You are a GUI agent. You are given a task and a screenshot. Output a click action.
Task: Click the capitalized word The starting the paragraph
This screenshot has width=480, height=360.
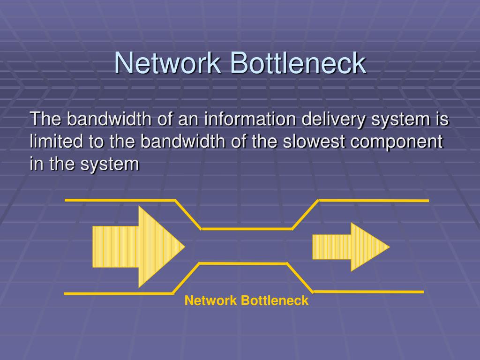(45, 119)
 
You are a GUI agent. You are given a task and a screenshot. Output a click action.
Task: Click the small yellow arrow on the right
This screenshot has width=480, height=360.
(349, 247)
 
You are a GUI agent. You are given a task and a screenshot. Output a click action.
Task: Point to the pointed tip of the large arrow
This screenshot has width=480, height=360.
(184, 247)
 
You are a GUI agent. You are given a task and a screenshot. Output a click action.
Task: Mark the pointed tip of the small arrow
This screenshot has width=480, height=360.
(389, 247)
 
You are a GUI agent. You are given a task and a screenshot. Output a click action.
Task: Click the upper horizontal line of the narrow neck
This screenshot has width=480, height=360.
(247, 229)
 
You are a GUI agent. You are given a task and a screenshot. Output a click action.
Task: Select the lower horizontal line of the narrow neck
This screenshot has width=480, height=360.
(243, 264)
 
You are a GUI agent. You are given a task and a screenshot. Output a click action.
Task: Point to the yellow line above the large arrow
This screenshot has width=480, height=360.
(120, 200)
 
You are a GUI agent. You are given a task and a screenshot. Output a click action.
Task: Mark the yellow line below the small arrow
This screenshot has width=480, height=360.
(368, 292)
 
